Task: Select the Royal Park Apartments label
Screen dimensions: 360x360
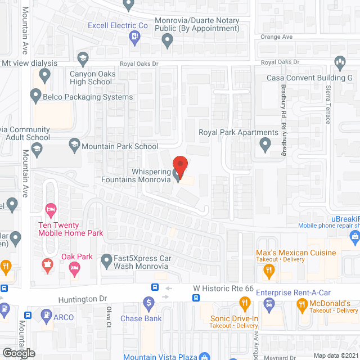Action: (x=238, y=133)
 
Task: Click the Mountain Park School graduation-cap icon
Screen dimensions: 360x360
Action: (x=74, y=147)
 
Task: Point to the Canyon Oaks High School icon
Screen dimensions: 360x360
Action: (x=83, y=58)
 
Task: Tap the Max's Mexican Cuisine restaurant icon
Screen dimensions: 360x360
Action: (x=269, y=271)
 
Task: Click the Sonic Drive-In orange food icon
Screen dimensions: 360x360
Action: (x=245, y=304)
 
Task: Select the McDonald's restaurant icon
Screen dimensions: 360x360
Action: (x=301, y=304)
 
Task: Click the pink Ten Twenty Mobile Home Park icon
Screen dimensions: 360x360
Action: (x=51, y=210)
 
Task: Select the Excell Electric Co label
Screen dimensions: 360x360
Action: (x=118, y=25)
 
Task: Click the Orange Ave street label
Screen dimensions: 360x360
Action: (x=277, y=37)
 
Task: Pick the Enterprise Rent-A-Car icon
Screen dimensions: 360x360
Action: (x=269, y=304)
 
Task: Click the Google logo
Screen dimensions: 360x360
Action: (x=17, y=353)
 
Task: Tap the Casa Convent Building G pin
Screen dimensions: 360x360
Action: (x=339, y=61)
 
